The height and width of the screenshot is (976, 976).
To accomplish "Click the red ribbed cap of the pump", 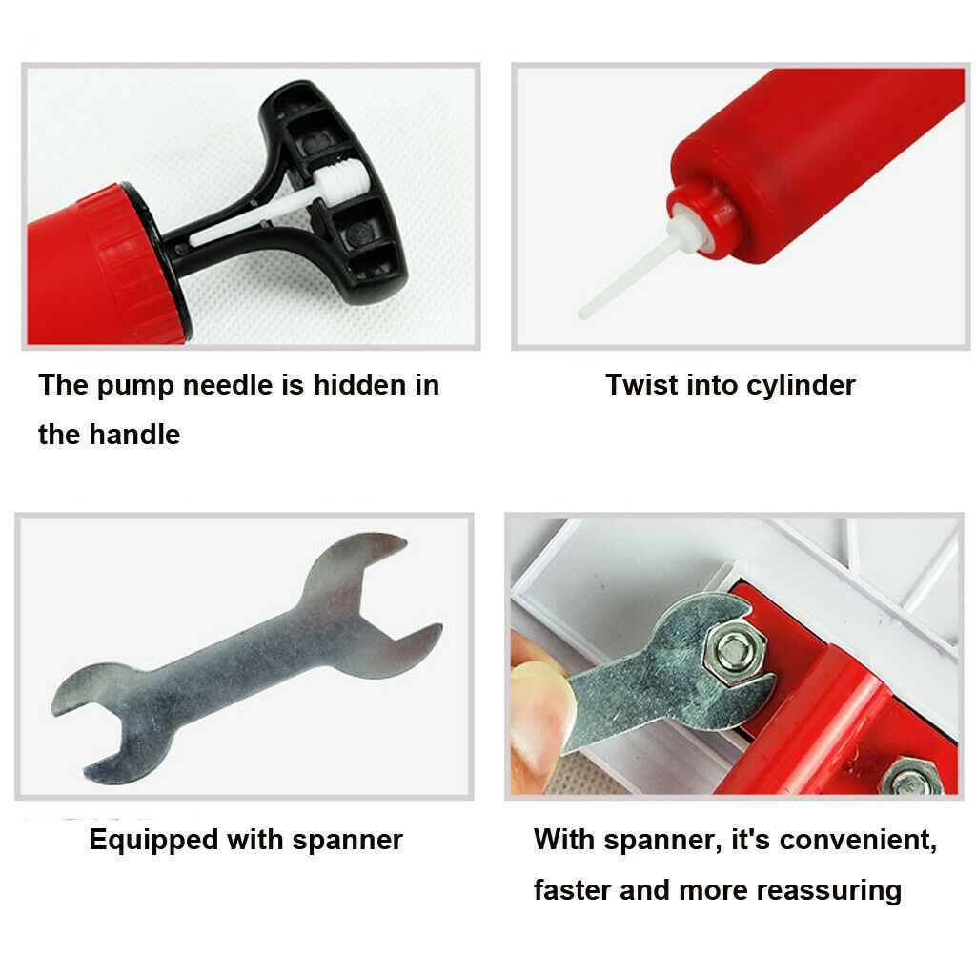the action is tap(133, 261).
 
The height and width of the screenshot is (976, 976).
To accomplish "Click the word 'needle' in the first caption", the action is tap(228, 385).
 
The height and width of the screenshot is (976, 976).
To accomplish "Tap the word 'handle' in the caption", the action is tap(134, 435).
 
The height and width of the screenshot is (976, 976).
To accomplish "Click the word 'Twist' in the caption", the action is tap(641, 385).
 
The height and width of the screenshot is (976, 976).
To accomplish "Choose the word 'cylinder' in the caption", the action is tap(801, 386).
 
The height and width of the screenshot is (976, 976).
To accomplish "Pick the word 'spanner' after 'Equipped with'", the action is tap(347, 842).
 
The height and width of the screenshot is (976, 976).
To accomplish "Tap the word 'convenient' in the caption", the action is tap(858, 841).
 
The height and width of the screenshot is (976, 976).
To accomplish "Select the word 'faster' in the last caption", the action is tap(572, 890).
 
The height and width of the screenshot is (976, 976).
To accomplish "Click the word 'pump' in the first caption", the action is tap(135, 386).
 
